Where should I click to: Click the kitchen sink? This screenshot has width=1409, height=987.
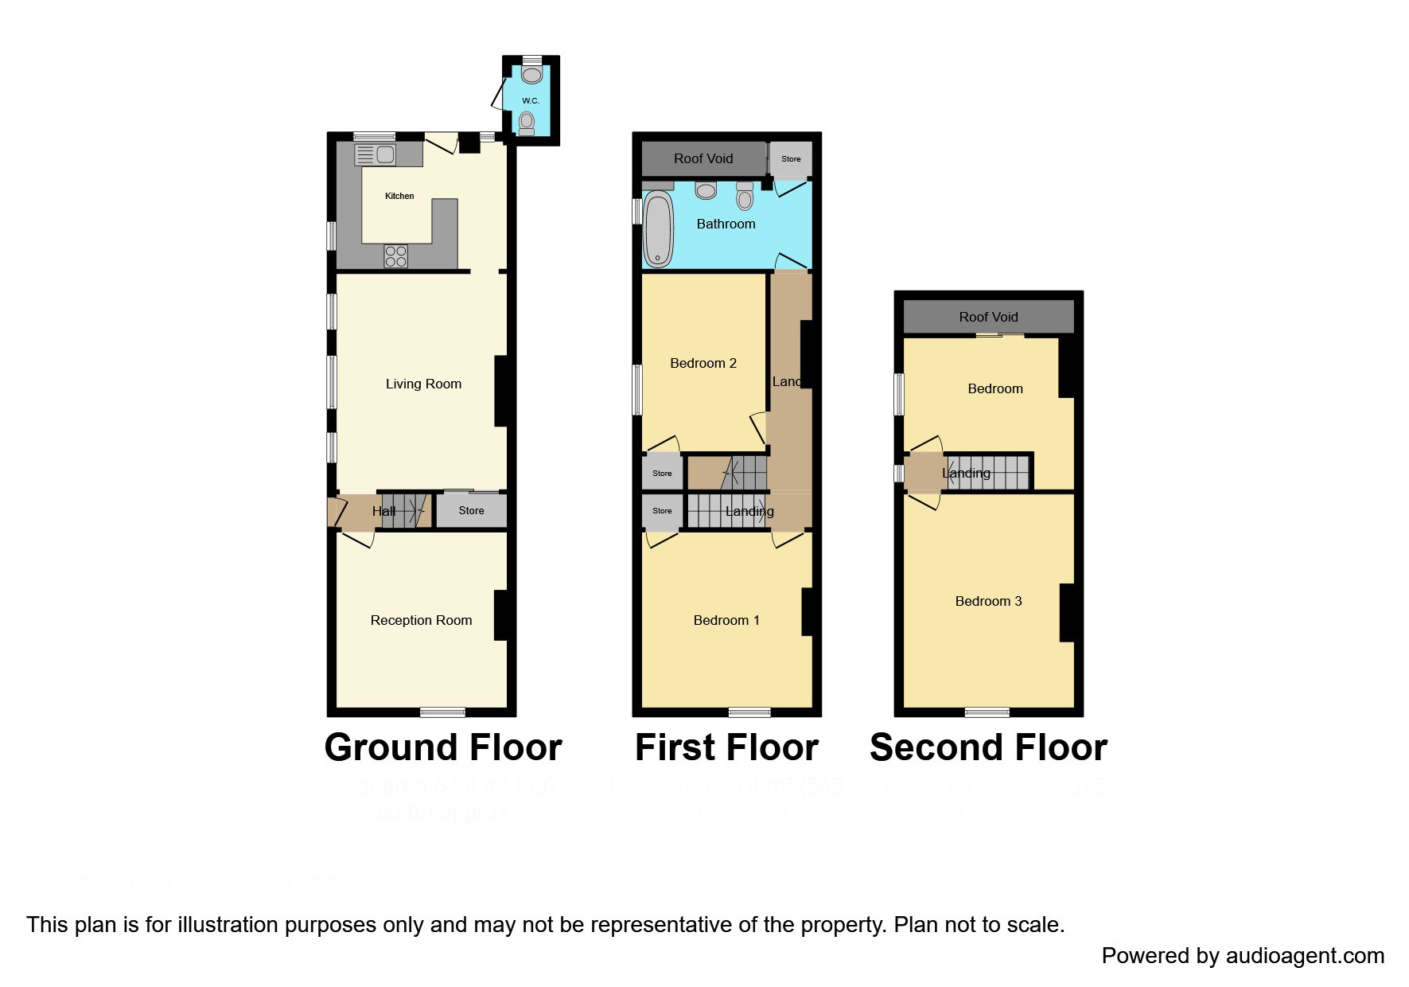[376, 154]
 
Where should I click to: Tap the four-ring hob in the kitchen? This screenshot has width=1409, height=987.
[395, 256]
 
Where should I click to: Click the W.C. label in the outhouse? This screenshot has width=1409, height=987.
[531, 100]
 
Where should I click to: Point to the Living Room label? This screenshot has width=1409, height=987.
[423, 384]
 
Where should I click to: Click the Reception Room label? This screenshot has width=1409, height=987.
[421, 620]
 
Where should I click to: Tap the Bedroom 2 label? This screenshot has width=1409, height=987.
[703, 363]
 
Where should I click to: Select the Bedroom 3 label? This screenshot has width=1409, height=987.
[988, 601]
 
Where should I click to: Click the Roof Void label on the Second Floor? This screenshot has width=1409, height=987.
[988, 317]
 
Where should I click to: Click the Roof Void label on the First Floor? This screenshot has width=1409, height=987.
[703, 158]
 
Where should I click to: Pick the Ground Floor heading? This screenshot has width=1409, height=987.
[443, 747]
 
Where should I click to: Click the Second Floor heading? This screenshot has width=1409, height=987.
[988, 747]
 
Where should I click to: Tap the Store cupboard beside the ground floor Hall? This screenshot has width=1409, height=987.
[471, 511]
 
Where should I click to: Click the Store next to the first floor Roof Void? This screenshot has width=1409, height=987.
[791, 159]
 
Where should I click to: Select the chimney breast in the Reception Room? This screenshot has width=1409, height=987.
[501, 615]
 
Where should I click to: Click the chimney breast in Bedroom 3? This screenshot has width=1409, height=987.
[1067, 613]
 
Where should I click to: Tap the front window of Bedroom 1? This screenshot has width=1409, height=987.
[749, 712]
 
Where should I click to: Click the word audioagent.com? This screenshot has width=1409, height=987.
[1305, 956]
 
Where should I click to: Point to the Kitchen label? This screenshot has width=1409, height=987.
[399, 196]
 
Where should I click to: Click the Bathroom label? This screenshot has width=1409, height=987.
[726, 224]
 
